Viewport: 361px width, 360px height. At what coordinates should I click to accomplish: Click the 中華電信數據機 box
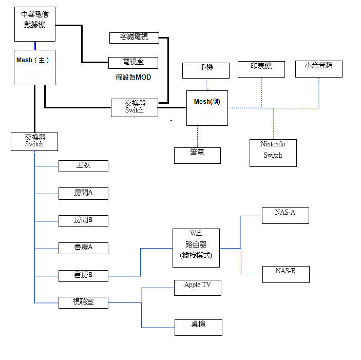35,24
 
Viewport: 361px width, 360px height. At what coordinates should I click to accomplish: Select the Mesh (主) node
34,67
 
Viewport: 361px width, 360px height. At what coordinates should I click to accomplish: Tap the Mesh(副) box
207,108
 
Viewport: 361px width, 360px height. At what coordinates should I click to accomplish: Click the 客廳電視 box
134,38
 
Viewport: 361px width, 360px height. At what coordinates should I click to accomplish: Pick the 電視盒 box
133,63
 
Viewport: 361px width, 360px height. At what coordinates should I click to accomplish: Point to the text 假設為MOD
134,78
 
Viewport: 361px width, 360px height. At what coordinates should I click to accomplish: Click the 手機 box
206,70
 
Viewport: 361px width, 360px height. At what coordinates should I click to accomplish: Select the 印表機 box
261,69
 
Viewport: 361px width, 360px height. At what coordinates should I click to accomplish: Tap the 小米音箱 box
319,69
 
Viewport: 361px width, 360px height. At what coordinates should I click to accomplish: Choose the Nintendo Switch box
273,153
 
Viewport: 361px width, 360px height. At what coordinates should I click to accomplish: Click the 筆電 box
197,156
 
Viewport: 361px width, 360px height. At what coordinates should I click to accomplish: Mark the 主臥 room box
83,166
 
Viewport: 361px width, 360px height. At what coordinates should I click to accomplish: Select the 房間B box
83,221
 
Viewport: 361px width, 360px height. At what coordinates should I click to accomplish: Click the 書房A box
83,248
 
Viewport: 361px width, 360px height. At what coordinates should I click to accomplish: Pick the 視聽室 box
83,302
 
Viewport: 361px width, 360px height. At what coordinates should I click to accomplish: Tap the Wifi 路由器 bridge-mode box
196,248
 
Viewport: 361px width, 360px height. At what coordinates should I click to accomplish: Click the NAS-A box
286,216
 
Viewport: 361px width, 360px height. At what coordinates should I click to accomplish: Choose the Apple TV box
198,288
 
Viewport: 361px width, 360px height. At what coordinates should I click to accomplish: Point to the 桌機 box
198,328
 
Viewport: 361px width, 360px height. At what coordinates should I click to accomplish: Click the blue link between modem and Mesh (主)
35,46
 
